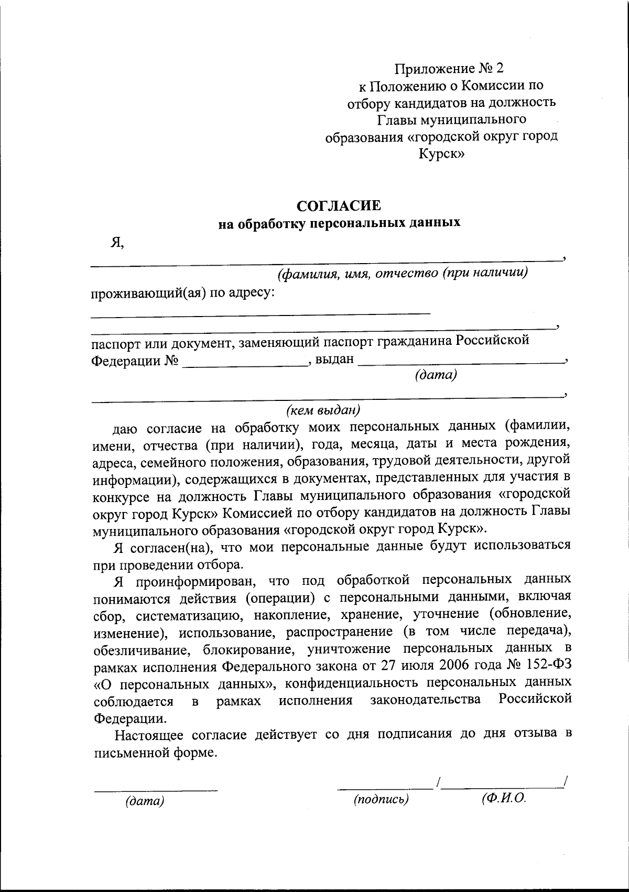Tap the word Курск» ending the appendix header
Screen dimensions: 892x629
(441, 154)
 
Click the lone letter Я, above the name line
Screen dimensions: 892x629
(117, 242)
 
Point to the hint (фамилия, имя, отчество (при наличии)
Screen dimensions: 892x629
(402, 273)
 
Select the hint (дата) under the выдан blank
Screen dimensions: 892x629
(436, 376)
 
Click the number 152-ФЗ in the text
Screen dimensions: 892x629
(548, 667)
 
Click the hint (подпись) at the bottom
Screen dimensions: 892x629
(381, 799)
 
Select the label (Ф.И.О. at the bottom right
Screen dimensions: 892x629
(503, 798)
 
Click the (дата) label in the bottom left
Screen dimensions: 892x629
(145, 801)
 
